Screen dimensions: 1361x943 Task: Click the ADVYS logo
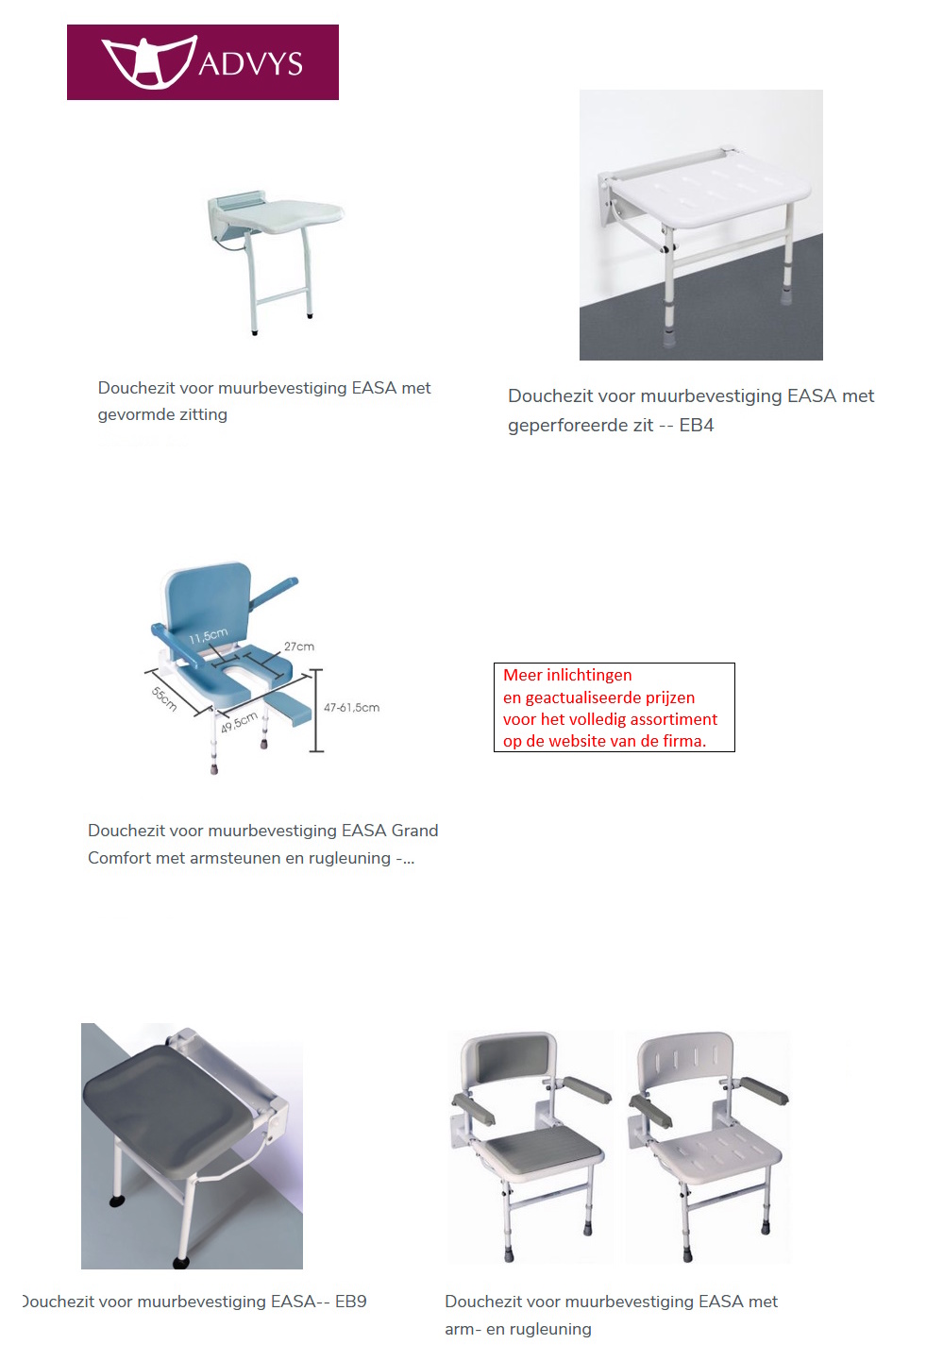[x=202, y=62]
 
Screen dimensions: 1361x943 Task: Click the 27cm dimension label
[x=299, y=647]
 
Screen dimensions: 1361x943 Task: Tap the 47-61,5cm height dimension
[x=351, y=707]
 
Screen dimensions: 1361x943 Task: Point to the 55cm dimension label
[x=164, y=698]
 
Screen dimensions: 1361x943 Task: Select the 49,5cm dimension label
[x=239, y=722]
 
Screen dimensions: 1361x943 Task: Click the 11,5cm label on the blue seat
[x=208, y=636]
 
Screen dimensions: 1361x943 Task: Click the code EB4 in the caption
[x=697, y=426]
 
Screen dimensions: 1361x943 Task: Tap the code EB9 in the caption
[x=350, y=1302]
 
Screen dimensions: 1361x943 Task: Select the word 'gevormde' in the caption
[x=132, y=414]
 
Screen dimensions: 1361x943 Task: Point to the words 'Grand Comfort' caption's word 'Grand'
[x=414, y=831]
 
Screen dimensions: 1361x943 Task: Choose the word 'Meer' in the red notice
[x=522, y=675]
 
